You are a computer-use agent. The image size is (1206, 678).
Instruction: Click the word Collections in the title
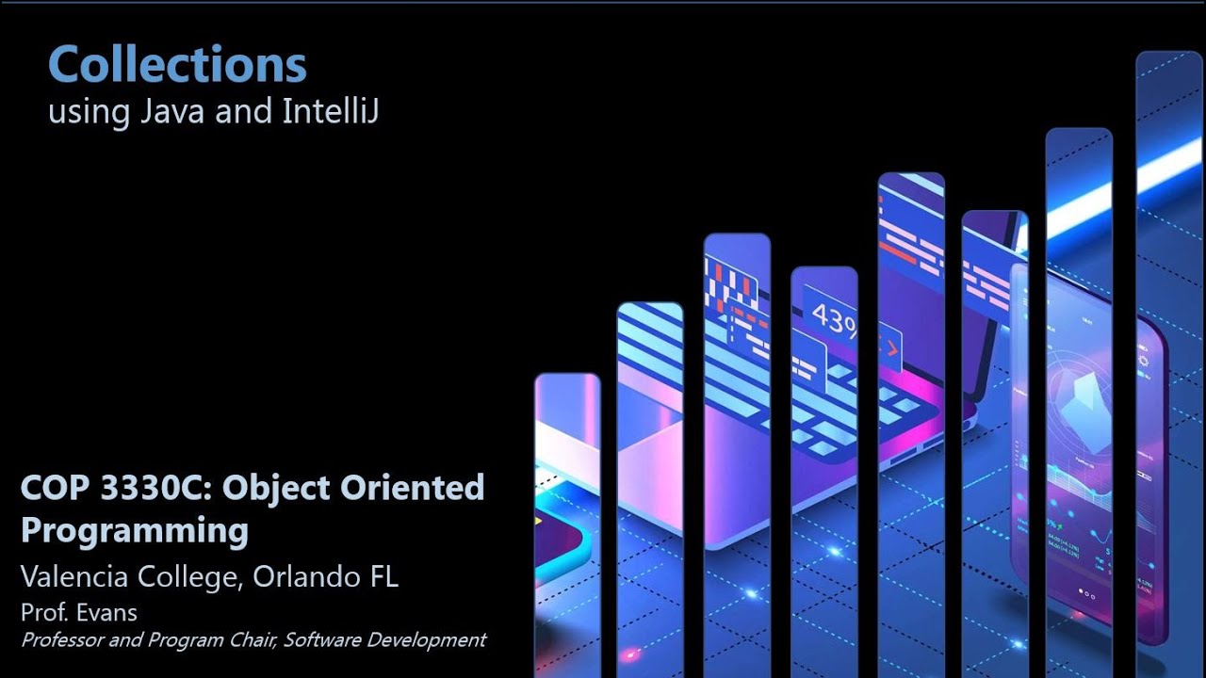click(x=177, y=65)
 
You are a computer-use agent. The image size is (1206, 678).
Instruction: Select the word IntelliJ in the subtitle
click(x=330, y=112)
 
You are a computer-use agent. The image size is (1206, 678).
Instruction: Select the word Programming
click(x=134, y=531)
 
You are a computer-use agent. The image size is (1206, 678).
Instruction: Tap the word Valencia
click(x=74, y=576)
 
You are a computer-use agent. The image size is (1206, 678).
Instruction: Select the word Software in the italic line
click(x=321, y=640)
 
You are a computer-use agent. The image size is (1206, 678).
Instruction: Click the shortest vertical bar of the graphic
click(x=567, y=518)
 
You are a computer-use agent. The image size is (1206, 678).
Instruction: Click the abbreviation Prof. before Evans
click(x=42, y=612)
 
